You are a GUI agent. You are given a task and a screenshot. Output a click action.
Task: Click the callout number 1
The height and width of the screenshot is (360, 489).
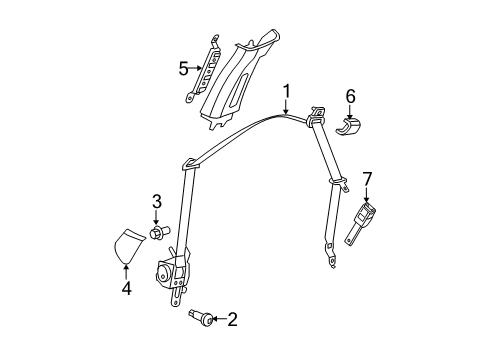point(286,93)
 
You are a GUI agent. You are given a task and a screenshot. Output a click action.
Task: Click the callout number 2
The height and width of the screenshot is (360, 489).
point(232,320)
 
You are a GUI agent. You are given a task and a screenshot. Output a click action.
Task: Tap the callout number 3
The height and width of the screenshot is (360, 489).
point(157,203)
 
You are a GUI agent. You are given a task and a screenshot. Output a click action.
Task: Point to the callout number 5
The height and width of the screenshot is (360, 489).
point(183,69)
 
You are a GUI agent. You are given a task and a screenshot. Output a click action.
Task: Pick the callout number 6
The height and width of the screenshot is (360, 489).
point(350,96)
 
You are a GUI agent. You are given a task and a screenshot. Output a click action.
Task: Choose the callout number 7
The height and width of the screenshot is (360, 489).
point(367,179)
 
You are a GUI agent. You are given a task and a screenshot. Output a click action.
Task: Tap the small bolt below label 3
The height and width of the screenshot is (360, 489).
point(158,234)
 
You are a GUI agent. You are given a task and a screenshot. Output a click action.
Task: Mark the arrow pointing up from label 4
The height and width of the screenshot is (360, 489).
point(126,268)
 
